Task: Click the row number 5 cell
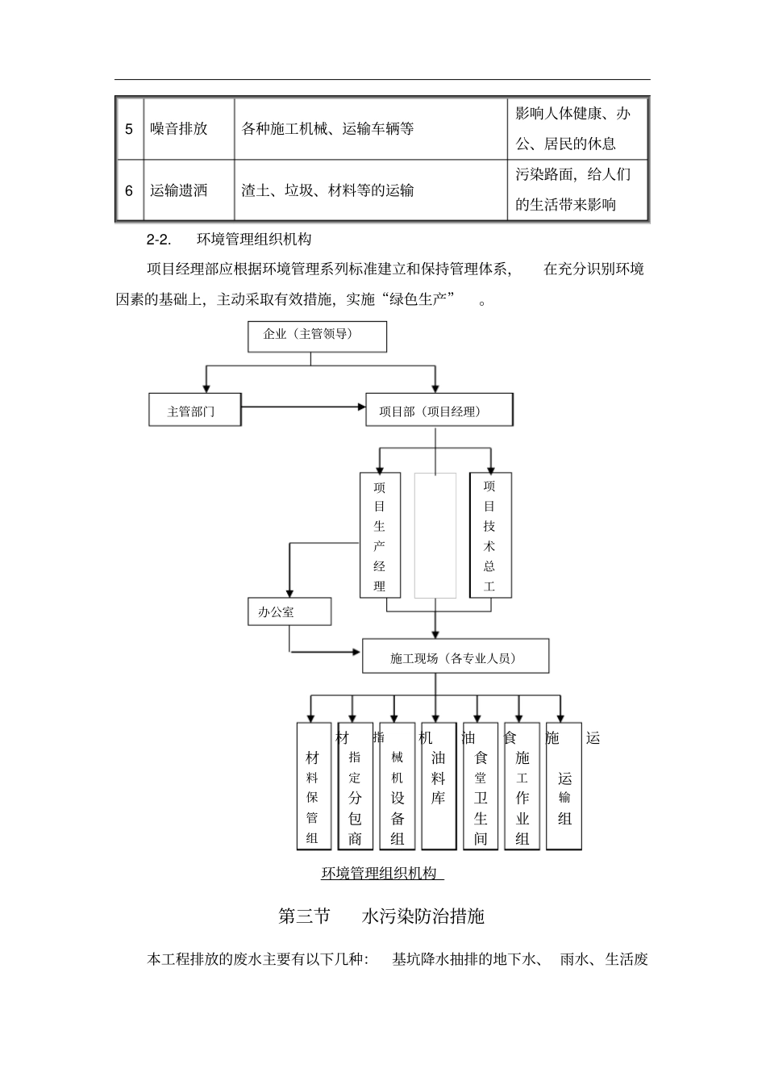[129, 129]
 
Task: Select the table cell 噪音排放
[179, 129]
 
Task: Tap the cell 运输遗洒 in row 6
[179, 190]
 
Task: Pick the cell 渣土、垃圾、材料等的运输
[328, 190]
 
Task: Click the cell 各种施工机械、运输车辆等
[328, 129]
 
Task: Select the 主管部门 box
[194, 411]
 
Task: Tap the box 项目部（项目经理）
[439, 410]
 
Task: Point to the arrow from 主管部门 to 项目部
[303, 407]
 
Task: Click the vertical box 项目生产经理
[380, 536]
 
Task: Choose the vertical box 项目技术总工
[489, 536]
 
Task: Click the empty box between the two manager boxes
[435, 536]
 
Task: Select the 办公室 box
[289, 612]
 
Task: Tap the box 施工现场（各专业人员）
[456, 657]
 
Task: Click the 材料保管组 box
[313, 787]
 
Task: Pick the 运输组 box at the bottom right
[564, 787]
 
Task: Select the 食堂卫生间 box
[481, 787]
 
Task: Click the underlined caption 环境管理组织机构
[381, 874]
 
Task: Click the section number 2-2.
[159, 240]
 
